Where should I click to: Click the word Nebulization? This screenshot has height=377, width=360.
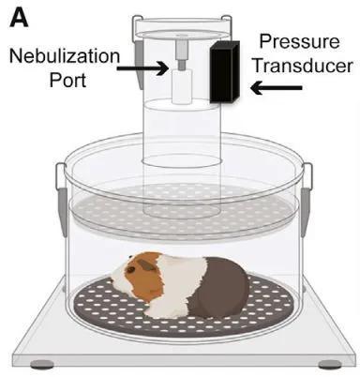[x=65, y=56]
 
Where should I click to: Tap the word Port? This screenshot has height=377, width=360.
[x=67, y=80]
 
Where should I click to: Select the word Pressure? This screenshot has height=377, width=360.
[x=299, y=41]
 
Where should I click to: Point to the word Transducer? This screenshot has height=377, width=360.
[x=303, y=66]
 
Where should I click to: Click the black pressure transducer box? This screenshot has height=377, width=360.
[x=225, y=72]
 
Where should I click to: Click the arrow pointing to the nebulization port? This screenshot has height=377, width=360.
[x=142, y=68]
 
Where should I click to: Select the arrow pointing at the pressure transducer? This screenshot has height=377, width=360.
[x=277, y=88]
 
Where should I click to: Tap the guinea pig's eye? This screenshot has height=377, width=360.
[x=130, y=269]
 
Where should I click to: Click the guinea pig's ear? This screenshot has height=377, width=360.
[x=147, y=265]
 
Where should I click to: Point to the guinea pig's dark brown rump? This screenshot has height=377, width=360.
[x=218, y=288]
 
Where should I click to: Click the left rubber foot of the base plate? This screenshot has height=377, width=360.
[x=42, y=364]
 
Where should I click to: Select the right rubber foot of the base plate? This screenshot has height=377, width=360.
[x=330, y=364]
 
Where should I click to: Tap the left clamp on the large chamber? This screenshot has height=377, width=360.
[x=61, y=200]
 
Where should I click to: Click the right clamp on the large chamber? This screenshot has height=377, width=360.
[x=307, y=200]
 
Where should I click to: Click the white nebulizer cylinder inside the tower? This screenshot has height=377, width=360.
[x=182, y=86]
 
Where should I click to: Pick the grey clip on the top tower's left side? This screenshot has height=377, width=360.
[x=138, y=59]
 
